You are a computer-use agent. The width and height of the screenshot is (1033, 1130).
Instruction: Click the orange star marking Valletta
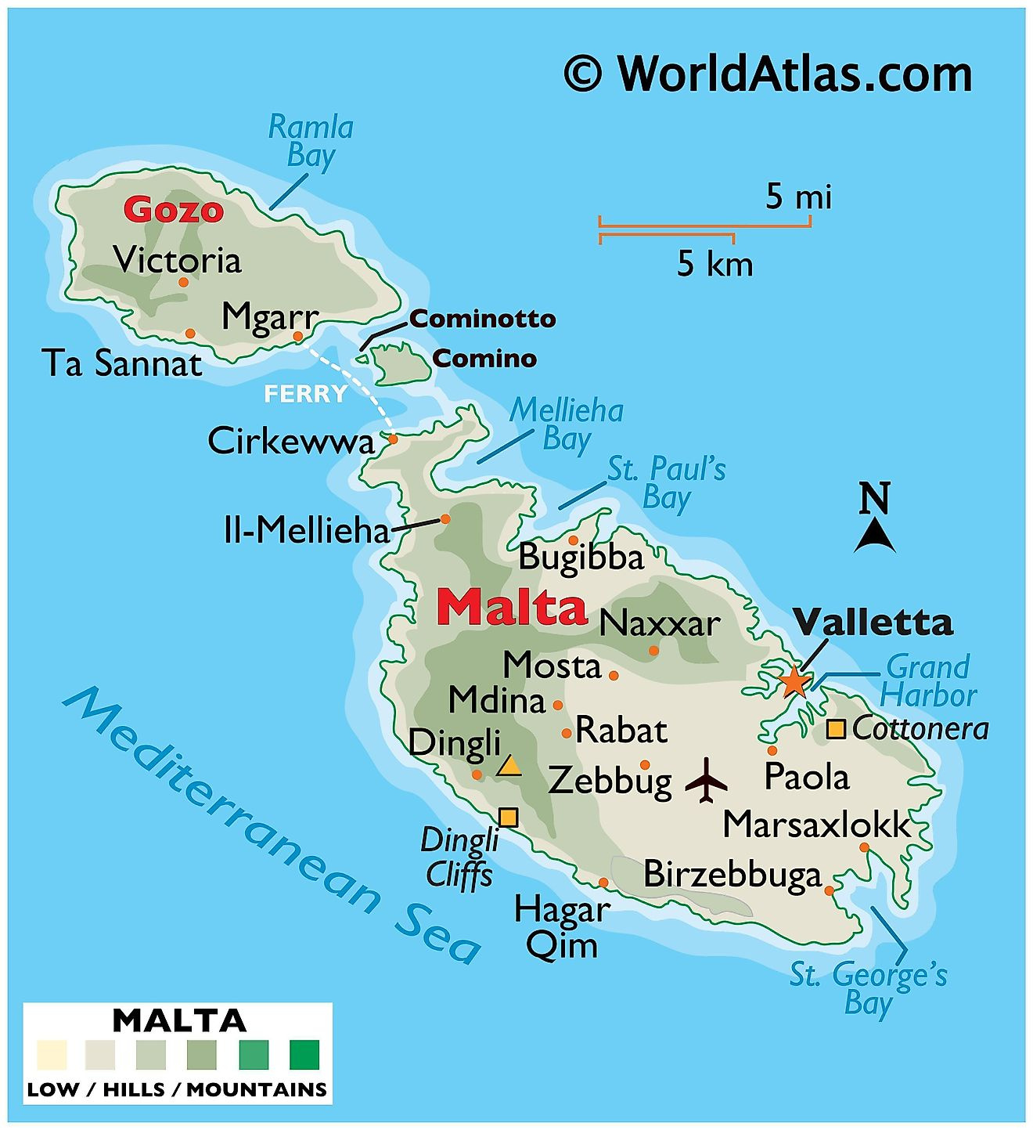point(794,681)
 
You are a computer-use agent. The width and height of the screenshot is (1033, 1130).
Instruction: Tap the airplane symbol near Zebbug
point(706,780)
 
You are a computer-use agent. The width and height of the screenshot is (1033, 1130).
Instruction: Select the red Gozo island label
point(173,210)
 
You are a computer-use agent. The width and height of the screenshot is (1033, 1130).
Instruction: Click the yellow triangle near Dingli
point(509,766)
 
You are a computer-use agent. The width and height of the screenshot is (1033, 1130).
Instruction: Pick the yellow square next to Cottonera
point(836,729)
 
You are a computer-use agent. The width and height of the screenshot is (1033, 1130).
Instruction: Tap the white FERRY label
point(305,393)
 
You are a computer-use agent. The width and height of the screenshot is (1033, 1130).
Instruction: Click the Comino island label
point(484,359)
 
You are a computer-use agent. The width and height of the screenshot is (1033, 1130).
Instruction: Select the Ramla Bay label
point(311,141)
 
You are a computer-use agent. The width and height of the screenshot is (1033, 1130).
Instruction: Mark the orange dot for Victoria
point(183,282)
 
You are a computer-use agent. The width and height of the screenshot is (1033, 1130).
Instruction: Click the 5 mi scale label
point(797,197)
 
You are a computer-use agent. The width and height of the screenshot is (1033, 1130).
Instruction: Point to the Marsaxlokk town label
point(816,825)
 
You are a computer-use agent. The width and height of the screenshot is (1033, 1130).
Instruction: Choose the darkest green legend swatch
point(305,1054)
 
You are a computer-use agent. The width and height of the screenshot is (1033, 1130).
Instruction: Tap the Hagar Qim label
point(562,927)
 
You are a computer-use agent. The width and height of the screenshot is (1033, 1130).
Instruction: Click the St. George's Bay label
point(868,989)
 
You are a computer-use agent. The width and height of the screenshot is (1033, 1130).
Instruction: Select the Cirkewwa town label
point(291,442)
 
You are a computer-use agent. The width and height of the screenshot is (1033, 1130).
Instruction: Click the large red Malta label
point(512,607)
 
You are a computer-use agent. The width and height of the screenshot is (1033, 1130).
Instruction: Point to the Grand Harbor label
point(928,681)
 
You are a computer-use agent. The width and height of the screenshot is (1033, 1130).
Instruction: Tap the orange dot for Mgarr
point(297,337)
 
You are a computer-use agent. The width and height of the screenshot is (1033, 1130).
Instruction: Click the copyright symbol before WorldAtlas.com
point(583,74)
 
